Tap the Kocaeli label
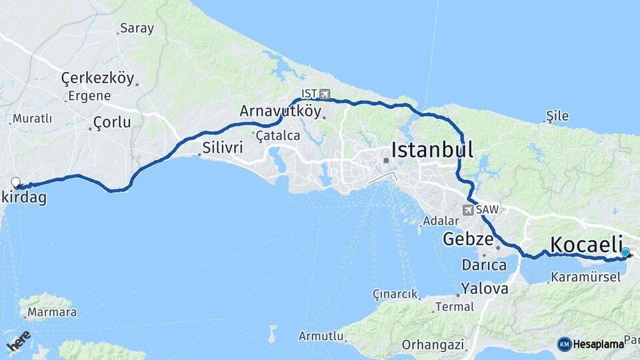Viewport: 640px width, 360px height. click(587, 243)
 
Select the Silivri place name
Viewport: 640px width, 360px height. click(223, 147)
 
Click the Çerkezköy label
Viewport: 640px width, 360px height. click(97, 79)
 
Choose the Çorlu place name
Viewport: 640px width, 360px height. click(112, 122)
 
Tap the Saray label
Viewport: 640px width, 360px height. click(137, 29)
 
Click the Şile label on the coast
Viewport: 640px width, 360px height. click(557, 116)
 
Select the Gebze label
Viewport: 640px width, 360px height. click(469, 239)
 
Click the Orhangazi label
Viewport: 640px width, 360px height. click(433, 345)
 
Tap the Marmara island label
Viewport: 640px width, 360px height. click(48, 312)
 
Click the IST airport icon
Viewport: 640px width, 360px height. click(325, 94)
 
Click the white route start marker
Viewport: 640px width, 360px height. click(15, 181)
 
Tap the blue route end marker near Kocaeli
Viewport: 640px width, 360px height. click(625, 252)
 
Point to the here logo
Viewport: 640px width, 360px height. click(18, 340)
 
